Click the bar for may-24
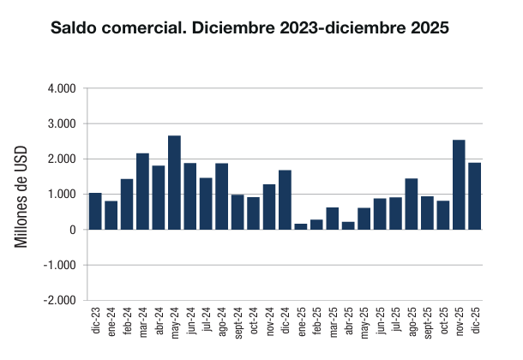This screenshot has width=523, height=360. (x=174, y=183)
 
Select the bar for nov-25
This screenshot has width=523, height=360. (x=459, y=184)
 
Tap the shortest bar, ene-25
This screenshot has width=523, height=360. (x=301, y=226)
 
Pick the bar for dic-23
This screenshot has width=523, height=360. (x=95, y=211)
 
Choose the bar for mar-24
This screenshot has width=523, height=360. (x=142, y=191)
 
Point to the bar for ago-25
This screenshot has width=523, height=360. (x=412, y=204)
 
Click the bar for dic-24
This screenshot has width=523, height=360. (x=285, y=200)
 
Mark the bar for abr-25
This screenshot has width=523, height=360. (x=348, y=225)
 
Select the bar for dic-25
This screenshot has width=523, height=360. (x=474, y=196)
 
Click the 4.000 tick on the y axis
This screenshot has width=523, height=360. (x=63, y=88)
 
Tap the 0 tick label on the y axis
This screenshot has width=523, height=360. (x=74, y=230)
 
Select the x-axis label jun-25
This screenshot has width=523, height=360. (x=380, y=321)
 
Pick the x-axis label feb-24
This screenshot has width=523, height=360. (x=127, y=321)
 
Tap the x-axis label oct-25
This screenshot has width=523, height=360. (x=443, y=321)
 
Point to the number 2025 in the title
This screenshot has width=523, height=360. (x=425, y=28)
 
